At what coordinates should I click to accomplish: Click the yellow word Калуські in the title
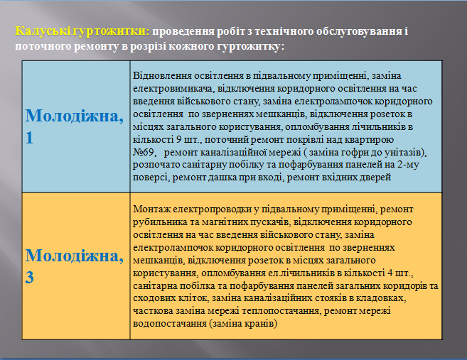tap(43, 31)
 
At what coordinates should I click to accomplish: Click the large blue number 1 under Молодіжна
tap(29, 138)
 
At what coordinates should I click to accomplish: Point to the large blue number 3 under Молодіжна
tap(29, 278)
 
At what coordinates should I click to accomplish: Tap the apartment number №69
tap(144, 152)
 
